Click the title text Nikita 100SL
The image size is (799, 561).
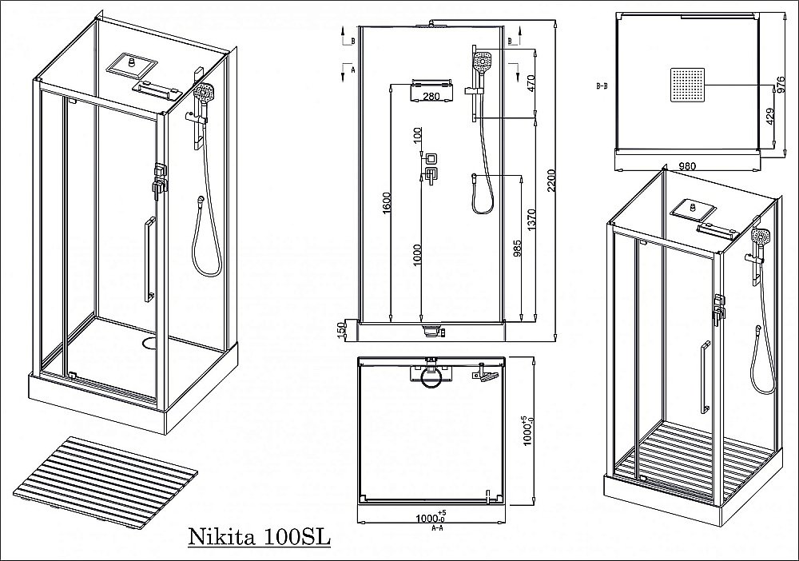coord(258,535)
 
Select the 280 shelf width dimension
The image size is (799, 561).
coord(431,97)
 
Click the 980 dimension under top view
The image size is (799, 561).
coord(687,167)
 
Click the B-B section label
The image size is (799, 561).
coord(602,83)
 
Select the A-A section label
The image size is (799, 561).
coord(437,528)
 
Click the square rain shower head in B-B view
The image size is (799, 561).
coord(690,83)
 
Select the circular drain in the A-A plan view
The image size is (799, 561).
coord(432,380)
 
